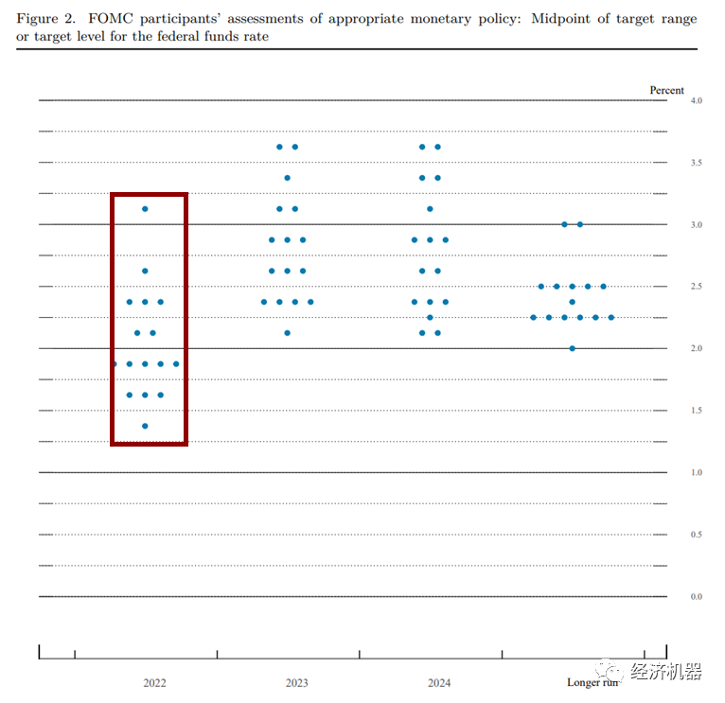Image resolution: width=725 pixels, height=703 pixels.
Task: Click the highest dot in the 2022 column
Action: [145, 209]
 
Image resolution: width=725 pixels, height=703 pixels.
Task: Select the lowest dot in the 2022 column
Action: [145, 426]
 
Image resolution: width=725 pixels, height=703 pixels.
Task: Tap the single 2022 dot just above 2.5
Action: [145, 271]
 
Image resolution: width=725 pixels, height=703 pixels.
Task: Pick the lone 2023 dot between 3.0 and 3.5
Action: [287, 178]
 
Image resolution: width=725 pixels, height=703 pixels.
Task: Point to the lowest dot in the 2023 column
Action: [287, 333]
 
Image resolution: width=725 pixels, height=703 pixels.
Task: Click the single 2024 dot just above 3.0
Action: [430, 209]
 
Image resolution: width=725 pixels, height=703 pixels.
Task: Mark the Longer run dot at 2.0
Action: [572, 348]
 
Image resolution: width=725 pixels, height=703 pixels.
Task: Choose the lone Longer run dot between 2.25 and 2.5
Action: [572, 302]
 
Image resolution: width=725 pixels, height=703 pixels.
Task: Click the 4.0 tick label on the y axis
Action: [697, 100]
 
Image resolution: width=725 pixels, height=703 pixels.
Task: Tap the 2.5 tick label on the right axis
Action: [697, 287]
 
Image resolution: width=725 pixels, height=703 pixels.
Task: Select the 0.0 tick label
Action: [697, 597]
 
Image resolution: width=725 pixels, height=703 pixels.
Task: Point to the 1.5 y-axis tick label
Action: [697, 411]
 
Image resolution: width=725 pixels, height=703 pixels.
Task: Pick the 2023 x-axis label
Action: [296, 682]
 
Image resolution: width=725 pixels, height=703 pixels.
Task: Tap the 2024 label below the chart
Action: [439, 682]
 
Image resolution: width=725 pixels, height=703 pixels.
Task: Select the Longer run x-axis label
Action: [592, 682]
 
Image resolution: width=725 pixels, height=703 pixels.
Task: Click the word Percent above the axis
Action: [666, 90]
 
